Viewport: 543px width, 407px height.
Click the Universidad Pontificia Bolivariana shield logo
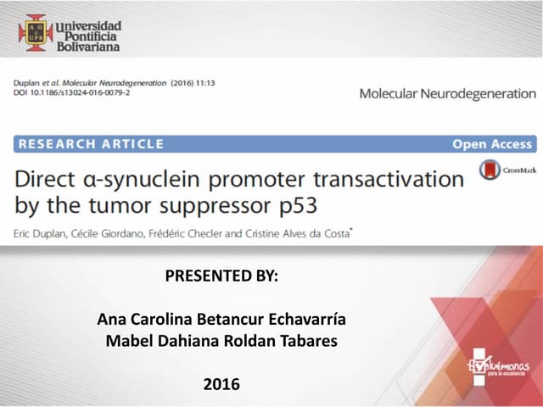click(x=36, y=33)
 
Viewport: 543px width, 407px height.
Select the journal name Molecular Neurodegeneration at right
click(x=447, y=93)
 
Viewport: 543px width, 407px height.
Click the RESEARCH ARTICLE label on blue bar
click(x=91, y=144)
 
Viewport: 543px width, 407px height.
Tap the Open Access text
click(x=492, y=144)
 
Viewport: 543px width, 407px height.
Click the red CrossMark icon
click(x=490, y=170)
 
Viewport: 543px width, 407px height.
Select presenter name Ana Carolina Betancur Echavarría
click(x=221, y=320)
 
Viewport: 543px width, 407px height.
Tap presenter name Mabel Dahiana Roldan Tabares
click(x=221, y=341)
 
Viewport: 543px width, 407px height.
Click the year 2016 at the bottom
click(x=221, y=384)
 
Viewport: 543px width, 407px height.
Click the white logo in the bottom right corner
click(x=500, y=366)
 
